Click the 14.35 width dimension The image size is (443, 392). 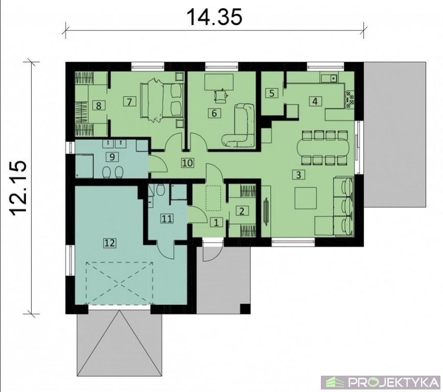(x=215, y=17)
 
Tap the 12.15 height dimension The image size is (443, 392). (x=19, y=188)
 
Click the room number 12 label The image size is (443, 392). (x=110, y=243)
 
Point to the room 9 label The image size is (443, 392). (x=112, y=157)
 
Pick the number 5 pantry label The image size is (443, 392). (x=272, y=93)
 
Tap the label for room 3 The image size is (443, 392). (x=298, y=175)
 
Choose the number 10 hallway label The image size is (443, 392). (x=188, y=163)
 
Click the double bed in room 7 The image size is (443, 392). (x=162, y=100)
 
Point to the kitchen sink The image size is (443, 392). (x=329, y=77)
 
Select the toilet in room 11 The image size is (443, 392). (x=160, y=190)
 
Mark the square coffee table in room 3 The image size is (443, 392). (x=306, y=198)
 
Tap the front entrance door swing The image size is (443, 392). (x=213, y=252)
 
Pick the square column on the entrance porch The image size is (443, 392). (x=245, y=309)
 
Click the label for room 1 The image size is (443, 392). (x=217, y=223)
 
